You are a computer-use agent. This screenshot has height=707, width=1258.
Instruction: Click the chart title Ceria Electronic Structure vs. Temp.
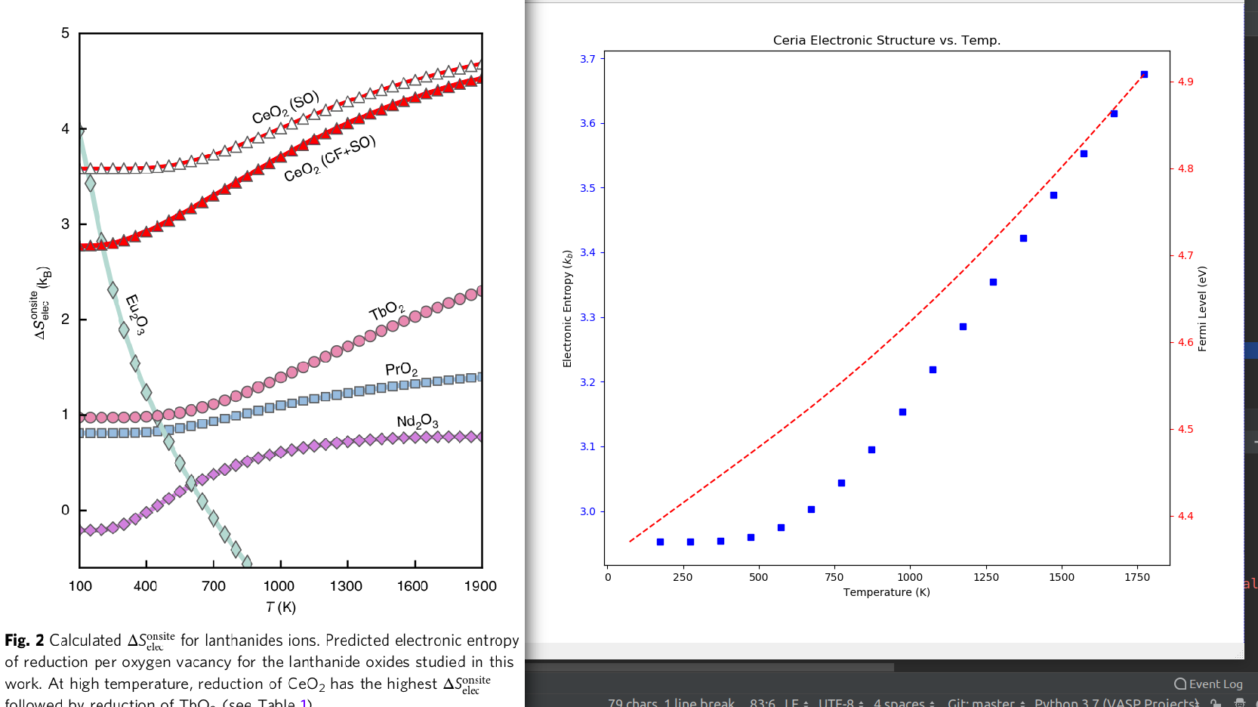coord(886,40)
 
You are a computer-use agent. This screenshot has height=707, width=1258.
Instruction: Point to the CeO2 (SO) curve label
coord(285,108)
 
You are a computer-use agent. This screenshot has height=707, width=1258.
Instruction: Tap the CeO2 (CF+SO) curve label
coord(329,159)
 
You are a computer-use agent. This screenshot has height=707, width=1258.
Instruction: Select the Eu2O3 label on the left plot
coord(135,314)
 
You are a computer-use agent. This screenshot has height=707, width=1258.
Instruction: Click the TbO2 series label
coord(387,310)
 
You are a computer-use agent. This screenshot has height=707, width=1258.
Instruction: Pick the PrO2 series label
coord(401,369)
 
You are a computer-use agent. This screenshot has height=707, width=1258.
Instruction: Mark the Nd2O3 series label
coord(417,421)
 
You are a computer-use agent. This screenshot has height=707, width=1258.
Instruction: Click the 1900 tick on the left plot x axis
coord(480,586)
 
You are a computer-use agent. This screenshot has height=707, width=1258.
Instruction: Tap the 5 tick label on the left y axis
coord(66,33)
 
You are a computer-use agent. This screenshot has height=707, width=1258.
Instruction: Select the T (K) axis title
coord(281,607)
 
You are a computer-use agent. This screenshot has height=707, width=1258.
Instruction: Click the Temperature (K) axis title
coord(886,592)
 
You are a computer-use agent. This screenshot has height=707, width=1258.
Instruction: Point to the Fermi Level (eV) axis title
coord(1202,308)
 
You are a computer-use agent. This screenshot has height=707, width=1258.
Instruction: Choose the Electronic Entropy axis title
coord(567,308)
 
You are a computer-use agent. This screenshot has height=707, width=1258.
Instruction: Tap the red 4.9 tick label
coord(1186,82)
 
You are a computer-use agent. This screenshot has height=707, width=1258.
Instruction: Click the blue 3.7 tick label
coord(587,59)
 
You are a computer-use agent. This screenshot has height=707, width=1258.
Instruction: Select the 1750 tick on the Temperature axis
coord(1137,577)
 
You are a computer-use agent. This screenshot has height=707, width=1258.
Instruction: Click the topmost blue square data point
coord(1144,74)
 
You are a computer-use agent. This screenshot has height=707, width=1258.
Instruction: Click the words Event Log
coord(1215,684)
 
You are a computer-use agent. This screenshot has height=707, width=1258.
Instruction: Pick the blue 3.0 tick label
coord(587,511)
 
